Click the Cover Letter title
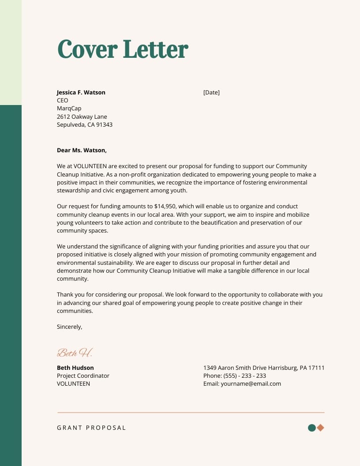123,49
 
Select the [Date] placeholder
211,92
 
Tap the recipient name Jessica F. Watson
81,92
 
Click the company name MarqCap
69,109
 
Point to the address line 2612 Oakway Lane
82,117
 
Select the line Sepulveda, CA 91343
84,125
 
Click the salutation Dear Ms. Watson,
82,150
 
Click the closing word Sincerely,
69,327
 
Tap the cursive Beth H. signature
75,353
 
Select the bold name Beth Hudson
75,368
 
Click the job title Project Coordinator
83,376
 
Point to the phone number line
234,376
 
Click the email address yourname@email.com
251,383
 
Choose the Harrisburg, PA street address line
263,368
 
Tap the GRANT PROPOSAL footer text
91,428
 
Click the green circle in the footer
311,428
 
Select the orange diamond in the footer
320,428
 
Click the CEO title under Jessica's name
63,101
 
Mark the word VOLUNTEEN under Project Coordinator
73,383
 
